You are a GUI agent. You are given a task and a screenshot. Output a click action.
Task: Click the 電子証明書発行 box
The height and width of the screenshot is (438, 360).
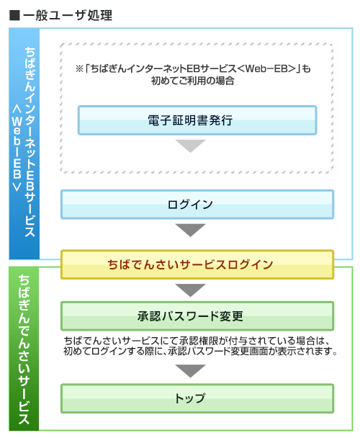click(197, 120)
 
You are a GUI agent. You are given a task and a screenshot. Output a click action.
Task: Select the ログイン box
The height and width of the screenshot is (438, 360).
click(197, 205)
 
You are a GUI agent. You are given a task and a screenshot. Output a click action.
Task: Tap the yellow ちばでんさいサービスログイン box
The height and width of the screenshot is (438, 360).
click(197, 264)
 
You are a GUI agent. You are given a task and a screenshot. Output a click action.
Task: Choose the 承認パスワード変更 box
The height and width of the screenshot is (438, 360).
click(197, 316)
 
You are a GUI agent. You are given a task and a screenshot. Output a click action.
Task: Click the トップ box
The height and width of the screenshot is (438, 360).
click(197, 398)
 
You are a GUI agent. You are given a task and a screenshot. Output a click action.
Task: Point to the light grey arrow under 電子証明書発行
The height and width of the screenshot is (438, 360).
click(191, 146)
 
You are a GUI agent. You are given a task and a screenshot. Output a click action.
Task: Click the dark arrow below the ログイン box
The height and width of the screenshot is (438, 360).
click(191, 231)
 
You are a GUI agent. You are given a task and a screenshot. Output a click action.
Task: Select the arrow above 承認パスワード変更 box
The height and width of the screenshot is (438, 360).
click(191, 290)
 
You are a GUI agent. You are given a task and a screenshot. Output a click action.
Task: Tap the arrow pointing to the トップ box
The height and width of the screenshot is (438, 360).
click(191, 371)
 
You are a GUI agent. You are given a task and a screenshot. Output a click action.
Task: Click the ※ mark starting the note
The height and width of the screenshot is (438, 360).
click(80, 69)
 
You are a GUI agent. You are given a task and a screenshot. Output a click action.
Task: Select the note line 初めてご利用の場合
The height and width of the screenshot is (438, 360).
click(197, 81)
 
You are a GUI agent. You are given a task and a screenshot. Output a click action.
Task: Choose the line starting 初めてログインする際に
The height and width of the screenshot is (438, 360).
click(200, 352)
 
